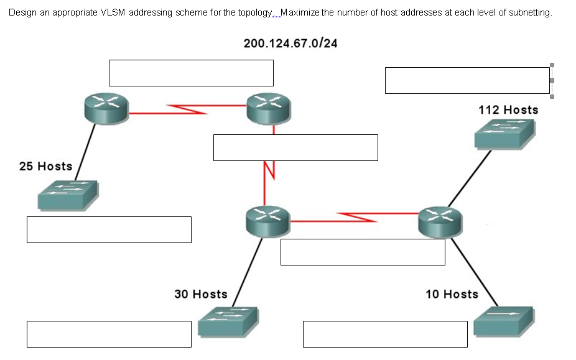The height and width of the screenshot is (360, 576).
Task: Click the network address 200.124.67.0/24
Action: (290, 44)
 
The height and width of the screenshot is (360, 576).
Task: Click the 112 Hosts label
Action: (508, 110)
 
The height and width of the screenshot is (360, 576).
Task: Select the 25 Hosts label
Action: (45, 167)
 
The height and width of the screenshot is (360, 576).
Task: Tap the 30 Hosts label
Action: (200, 294)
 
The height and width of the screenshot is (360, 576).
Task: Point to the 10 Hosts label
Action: (452, 294)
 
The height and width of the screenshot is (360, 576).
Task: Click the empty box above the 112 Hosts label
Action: (467, 81)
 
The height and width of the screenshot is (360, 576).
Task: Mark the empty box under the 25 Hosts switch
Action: (109, 229)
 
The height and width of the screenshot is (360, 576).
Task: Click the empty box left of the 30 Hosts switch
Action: (109, 334)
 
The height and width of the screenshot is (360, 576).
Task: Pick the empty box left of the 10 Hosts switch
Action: (385, 334)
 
